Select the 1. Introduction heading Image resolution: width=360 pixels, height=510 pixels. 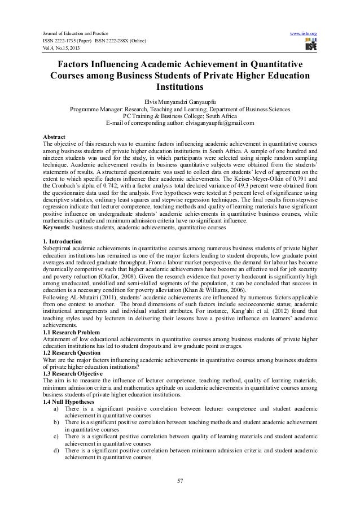62,241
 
